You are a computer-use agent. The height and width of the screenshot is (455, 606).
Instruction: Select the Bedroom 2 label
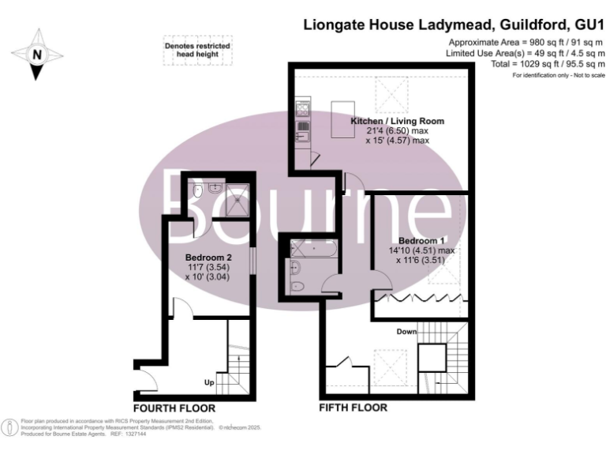[x=208, y=258]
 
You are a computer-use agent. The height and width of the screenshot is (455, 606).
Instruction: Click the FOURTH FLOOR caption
[x=174, y=408]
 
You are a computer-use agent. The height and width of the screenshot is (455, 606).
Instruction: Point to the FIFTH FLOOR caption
[x=353, y=408]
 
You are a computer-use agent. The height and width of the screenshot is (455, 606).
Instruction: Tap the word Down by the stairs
[x=406, y=332]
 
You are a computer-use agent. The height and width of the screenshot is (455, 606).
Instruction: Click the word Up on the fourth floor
[x=209, y=383]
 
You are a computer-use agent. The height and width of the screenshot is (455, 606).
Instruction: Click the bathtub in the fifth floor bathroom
[x=313, y=250]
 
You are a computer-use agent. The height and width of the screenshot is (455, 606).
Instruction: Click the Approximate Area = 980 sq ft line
[x=526, y=42]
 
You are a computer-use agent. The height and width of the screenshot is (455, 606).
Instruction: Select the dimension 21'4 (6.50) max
[x=398, y=131]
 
